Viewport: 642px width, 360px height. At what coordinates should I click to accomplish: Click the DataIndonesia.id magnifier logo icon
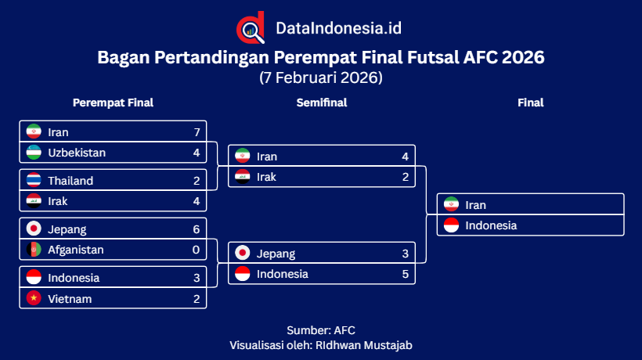coord(251,28)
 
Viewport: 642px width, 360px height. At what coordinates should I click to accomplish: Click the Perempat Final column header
coord(113,103)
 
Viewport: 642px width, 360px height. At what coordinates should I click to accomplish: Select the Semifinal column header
coord(321,103)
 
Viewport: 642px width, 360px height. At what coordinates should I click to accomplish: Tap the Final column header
coord(530,103)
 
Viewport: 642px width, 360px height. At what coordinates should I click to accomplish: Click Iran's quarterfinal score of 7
coord(197,132)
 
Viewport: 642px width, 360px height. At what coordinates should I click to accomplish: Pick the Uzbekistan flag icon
coord(34,153)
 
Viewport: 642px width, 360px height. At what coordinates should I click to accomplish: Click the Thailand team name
coord(70,181)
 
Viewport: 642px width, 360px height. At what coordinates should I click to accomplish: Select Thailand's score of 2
coord(197,181)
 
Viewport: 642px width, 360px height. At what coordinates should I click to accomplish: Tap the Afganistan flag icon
coord(34,250)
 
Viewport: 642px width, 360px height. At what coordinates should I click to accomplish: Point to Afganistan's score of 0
coord(197,250)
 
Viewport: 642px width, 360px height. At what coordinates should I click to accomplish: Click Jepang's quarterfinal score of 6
coord(197,229)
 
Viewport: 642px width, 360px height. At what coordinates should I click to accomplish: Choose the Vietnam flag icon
coord(34,298)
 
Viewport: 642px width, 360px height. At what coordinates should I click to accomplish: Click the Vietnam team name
coord(70,298)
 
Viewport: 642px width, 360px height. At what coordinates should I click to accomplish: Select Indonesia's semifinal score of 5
coord(406,274)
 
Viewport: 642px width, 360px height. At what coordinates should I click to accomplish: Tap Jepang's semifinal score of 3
coord(406,254)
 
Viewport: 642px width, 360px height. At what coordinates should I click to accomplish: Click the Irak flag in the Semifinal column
coord(243,177)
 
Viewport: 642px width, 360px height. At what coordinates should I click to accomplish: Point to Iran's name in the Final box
coord(475,205)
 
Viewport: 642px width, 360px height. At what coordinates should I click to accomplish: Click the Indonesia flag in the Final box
coord(451,225)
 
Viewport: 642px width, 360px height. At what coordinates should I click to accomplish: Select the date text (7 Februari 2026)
coord(321,77)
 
